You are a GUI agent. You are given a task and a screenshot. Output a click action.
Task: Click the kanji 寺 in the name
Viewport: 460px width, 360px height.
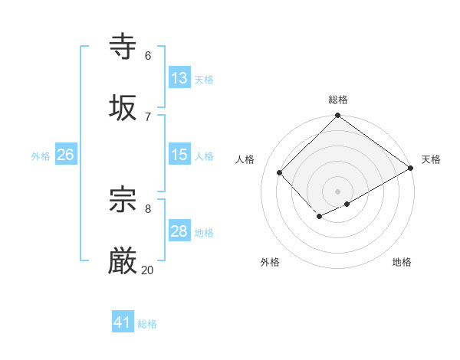[x=123, y=47]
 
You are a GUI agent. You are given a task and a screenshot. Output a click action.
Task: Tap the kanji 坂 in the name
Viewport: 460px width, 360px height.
[x=123, y=107]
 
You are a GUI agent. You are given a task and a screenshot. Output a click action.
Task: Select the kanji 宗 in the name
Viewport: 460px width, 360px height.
[x=123, y=200]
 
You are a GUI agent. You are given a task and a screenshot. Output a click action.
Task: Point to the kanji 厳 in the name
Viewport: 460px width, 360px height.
[x=123, y=261]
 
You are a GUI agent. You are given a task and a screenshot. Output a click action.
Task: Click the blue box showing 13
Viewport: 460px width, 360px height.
[x=179, y=78]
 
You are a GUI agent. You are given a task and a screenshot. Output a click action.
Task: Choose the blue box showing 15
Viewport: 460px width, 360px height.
[x=179, y=155]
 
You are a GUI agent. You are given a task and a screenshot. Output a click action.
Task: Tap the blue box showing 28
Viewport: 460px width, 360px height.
[x=179, y=231]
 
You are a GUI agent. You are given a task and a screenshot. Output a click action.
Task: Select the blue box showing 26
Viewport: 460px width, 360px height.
[x=65, y=155]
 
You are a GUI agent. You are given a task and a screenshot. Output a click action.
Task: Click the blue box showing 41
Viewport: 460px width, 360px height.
[x=123, y=322]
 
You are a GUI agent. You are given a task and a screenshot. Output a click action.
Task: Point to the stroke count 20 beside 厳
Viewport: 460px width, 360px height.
[x=147, y=270]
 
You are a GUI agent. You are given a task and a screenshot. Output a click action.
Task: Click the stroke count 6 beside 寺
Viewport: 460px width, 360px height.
[x=147, y=55]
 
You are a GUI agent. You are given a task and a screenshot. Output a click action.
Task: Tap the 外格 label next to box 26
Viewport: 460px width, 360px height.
[x=41, y=156]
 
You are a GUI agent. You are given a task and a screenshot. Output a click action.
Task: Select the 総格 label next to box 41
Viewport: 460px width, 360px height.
[x=147, y=324]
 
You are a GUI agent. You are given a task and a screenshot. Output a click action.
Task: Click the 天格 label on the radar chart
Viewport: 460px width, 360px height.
[x=431, y=159]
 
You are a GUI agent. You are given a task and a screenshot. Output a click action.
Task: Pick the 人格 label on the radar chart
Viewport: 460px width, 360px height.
[x=245, y=159]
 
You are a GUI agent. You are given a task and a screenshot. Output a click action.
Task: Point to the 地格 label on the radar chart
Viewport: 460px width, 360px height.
[x=402, y=262]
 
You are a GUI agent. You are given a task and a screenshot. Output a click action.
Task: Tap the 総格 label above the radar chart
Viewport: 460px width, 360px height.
[x=338, y=100]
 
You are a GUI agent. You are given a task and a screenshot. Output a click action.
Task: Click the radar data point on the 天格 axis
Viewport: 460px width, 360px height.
[x=411, y=168]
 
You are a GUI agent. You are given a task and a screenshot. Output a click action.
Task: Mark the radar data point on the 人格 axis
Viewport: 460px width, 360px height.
[x=280, y=172]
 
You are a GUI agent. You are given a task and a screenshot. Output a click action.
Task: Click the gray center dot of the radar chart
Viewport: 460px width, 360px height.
[x=337, y=191]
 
